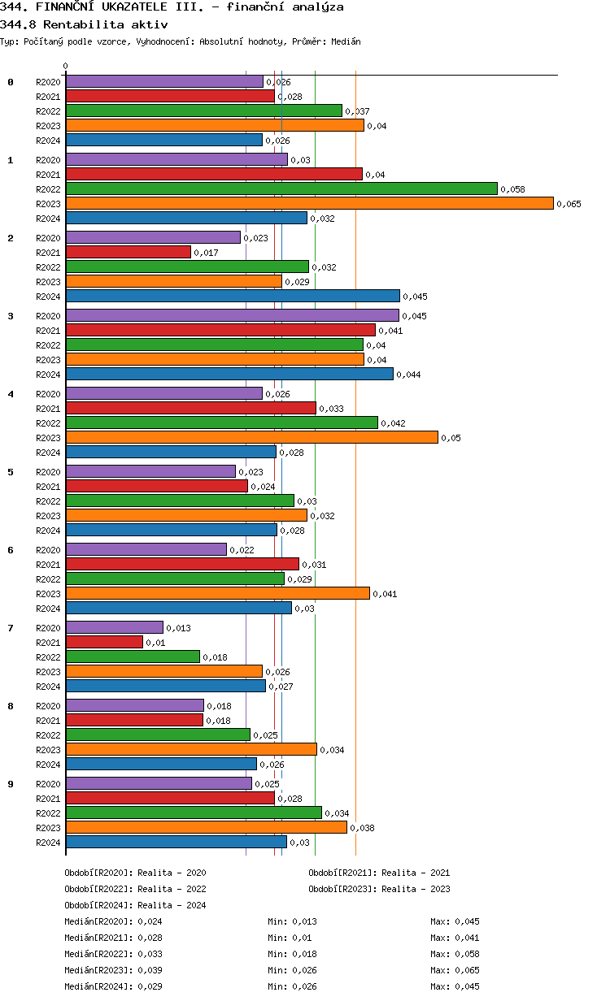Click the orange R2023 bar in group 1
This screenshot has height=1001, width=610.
pyautogui.click(x=309, y=204)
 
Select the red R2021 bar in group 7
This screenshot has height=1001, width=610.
pyautogui.click(x=104, y=643)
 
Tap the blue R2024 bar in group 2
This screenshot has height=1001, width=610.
pyautogui.click(x=233, y=297)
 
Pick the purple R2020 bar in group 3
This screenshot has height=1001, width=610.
pyautogui.click(x=232, y=316)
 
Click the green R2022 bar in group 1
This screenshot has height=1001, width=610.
pyautogui.click(x=281, y=189)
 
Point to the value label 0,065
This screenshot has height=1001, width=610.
pyautogui.click(x=569, y=204)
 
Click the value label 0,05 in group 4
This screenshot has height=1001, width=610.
pyautogui.click(x=451, y=438)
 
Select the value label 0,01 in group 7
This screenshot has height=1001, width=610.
pyautogui.click(x=154, y=643)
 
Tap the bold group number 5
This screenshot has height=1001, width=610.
pyautogui.click(x=11, y=472)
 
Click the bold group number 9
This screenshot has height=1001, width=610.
pyautogui.click(x=11, y=784)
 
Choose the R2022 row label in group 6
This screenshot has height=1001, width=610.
pyautogui.click(x=48, y=579)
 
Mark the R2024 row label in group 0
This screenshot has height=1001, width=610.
pyautogui.click(x=48, y=141)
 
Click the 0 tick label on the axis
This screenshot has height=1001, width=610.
pyautogui.click(x=66, y=66)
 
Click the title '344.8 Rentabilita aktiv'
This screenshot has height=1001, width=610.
pyautogui.click(x=84, y=24)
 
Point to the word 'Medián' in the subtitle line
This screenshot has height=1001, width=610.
pyautogui.click(x=346, y=41)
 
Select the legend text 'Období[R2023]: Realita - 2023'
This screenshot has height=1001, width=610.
pyautogui.click(x=379, y=889)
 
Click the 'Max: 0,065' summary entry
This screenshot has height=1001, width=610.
pyautogui.click(x=455, y=970)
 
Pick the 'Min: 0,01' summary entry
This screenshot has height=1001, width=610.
pyautogui.click(x=290, y=938)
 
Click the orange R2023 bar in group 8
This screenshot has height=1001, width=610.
pyautogui.click(x=191, y=750)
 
